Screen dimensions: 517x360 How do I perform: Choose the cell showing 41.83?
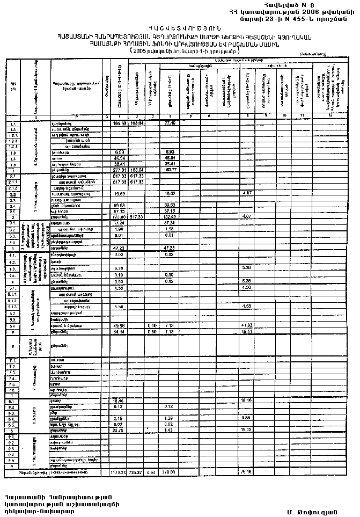tap(248, 325)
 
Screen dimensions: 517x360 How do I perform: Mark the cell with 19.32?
tap(248, 430)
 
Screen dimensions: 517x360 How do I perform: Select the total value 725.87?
tap(138, 472)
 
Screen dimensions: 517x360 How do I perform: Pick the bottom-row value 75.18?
tap(248, 472)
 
